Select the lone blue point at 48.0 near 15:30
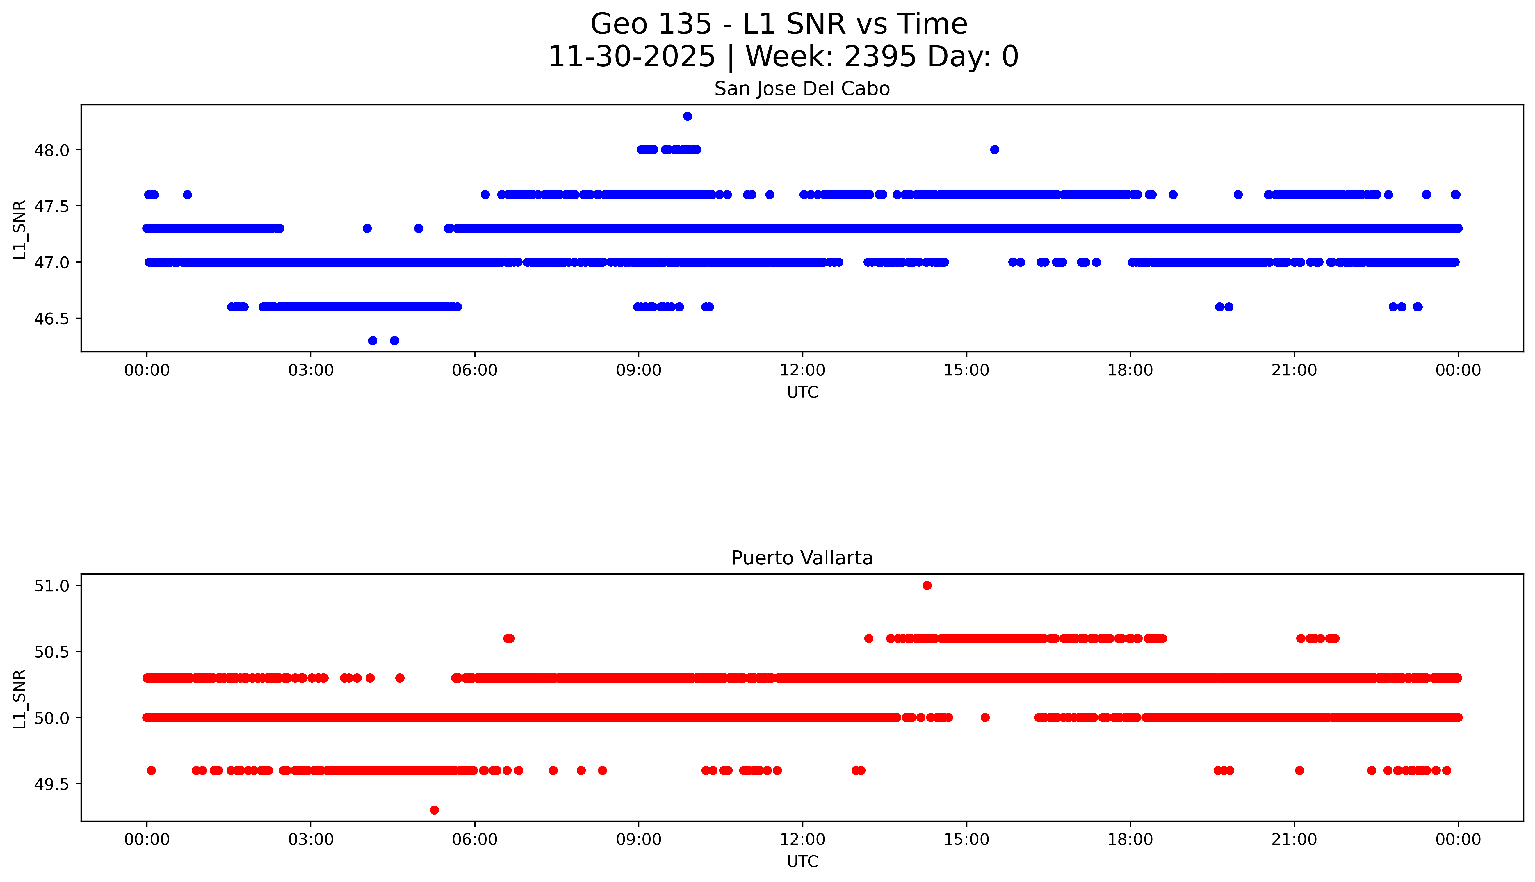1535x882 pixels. coord(995,150)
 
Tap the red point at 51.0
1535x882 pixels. coord(927,585)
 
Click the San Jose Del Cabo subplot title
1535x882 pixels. coord(802,89)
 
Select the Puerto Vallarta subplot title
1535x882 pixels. coord(802,558)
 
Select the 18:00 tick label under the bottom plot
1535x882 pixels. coord(1130,840)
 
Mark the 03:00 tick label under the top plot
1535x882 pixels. coord(311,370)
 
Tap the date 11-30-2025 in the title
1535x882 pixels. coord(632,57)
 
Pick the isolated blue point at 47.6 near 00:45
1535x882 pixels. coord(187,195)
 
